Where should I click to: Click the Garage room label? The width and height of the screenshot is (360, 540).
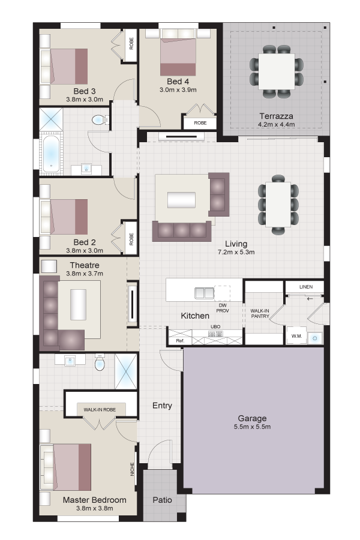point(252,418)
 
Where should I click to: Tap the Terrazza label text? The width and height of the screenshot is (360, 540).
point(276,116)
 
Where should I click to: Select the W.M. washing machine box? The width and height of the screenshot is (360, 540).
point(296,336)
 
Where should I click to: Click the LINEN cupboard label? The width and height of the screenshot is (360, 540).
point(306,287)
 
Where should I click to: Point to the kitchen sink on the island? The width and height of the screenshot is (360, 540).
point(204,293)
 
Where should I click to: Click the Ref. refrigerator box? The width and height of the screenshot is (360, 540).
point(180,341)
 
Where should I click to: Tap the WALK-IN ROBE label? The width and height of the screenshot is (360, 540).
point(100,409)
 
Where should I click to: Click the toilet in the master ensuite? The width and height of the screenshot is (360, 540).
point(100,362)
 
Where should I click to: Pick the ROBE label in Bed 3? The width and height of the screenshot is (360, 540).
point(131,44)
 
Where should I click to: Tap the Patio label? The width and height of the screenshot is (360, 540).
point(162,500)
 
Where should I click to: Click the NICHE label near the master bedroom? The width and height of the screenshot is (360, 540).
point(132,469)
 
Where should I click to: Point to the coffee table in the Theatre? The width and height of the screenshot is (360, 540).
point(78,305)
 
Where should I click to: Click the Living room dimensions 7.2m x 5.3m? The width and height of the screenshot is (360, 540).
point(236,252)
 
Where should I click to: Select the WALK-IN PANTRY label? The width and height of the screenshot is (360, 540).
point(260,313)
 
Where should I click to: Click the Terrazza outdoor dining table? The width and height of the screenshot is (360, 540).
point(277,71)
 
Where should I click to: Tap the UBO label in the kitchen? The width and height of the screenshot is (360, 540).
point(215,326)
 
